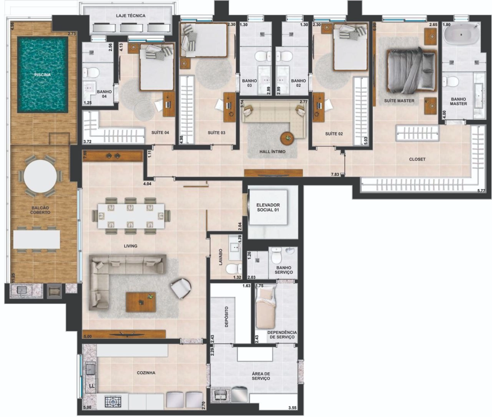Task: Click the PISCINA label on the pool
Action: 42,75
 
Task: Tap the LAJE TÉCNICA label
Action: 130,16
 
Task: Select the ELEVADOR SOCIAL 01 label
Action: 268,207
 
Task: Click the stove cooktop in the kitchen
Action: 113,401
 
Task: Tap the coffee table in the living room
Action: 141,302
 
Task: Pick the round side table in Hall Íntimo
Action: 288,138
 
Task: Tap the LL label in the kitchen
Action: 91,385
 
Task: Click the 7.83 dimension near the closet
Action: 335,174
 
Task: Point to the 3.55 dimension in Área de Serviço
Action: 292,408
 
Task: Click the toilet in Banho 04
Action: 91,72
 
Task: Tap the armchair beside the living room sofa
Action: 181,288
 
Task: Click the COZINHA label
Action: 146,373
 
